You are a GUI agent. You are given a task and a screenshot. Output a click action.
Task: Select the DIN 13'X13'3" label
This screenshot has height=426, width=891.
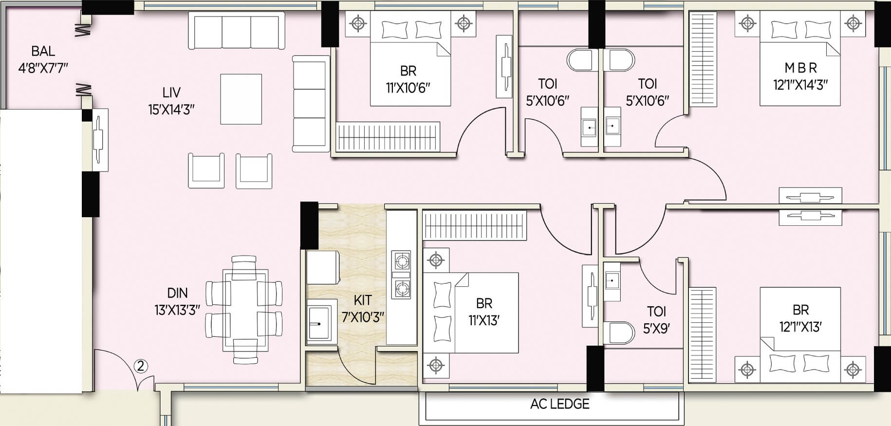point(177,301)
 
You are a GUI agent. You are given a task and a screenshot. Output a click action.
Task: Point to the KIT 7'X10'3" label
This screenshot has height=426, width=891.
point(363,308)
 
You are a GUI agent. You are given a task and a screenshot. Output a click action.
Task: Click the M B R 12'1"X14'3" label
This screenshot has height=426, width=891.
point(800,76)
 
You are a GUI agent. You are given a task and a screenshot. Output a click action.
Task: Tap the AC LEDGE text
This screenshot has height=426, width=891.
point(560,404)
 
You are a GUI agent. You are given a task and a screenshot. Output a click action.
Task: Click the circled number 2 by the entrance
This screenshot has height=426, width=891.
point(140,366)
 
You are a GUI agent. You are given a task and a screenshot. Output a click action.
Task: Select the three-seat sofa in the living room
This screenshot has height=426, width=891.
point(236,31)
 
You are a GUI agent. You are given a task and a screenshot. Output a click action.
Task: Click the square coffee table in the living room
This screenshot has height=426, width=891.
point(241,99)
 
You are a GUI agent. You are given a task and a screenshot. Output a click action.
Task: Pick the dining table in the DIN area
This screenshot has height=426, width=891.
point(245,309)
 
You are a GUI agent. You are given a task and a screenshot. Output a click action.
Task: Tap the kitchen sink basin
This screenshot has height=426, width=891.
point(319,321)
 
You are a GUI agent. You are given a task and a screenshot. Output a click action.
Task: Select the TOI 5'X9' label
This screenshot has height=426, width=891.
point(656,320)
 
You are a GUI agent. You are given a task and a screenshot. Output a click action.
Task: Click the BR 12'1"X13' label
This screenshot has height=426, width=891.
point(800,318)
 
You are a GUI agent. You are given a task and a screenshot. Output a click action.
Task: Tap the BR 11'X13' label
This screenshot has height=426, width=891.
point(484,312)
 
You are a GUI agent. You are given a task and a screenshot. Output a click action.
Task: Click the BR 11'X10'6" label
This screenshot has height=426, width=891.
point(408,79)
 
